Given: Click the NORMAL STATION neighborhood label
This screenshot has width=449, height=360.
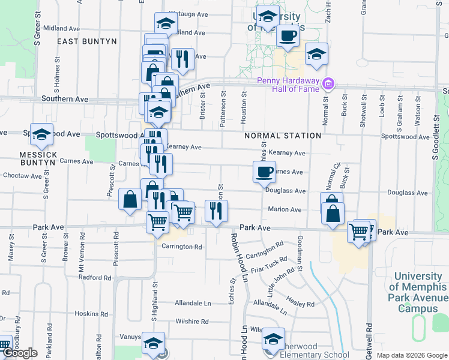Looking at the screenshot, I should (283, 136).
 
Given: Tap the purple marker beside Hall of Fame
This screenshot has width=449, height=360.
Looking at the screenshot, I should (328, 83).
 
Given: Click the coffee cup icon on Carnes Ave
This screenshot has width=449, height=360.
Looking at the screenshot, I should (262, 173).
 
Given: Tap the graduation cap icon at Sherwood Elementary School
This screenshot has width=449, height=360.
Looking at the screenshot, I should (273, 340).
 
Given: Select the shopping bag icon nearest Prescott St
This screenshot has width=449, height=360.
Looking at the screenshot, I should (130, 199).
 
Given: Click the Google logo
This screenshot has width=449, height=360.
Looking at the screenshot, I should (20, 353).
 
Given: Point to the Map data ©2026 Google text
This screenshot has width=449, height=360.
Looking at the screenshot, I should (412, 355).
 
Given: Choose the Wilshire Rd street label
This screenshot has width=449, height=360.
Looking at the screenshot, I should (192, 322).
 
